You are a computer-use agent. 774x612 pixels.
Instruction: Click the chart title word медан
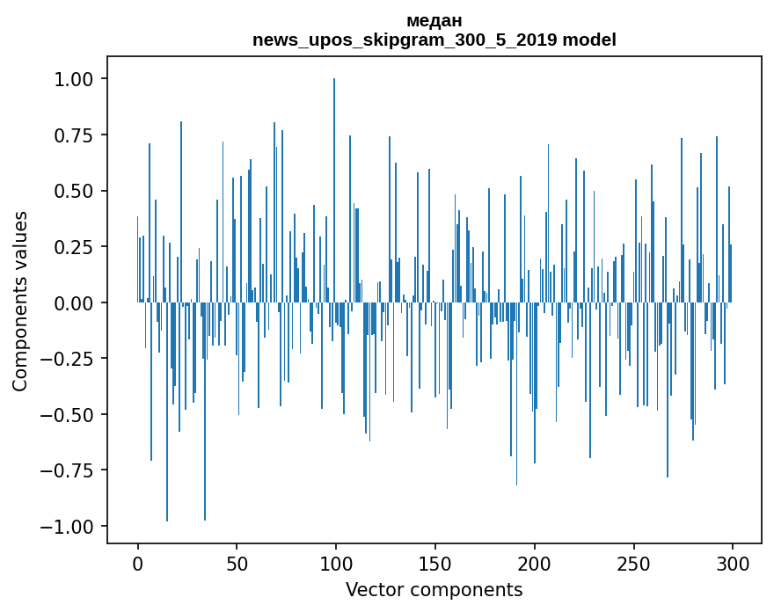click(434, 21)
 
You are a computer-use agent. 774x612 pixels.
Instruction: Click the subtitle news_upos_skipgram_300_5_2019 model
click(434, 40)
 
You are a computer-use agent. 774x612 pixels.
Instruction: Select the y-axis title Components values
click(20, 301)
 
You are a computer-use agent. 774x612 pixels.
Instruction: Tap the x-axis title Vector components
click(434, 590)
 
